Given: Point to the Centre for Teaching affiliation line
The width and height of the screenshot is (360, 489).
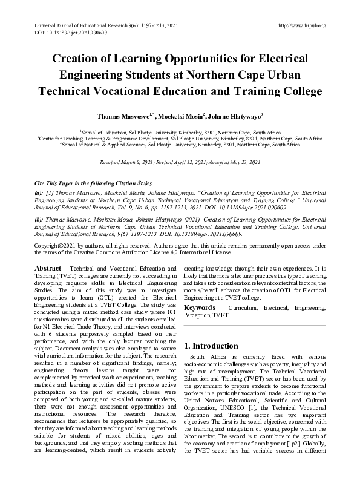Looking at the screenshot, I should point(180,139).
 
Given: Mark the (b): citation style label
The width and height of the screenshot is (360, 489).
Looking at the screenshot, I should point(39,220).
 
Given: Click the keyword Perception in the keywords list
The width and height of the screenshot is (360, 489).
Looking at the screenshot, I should point(198,315).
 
